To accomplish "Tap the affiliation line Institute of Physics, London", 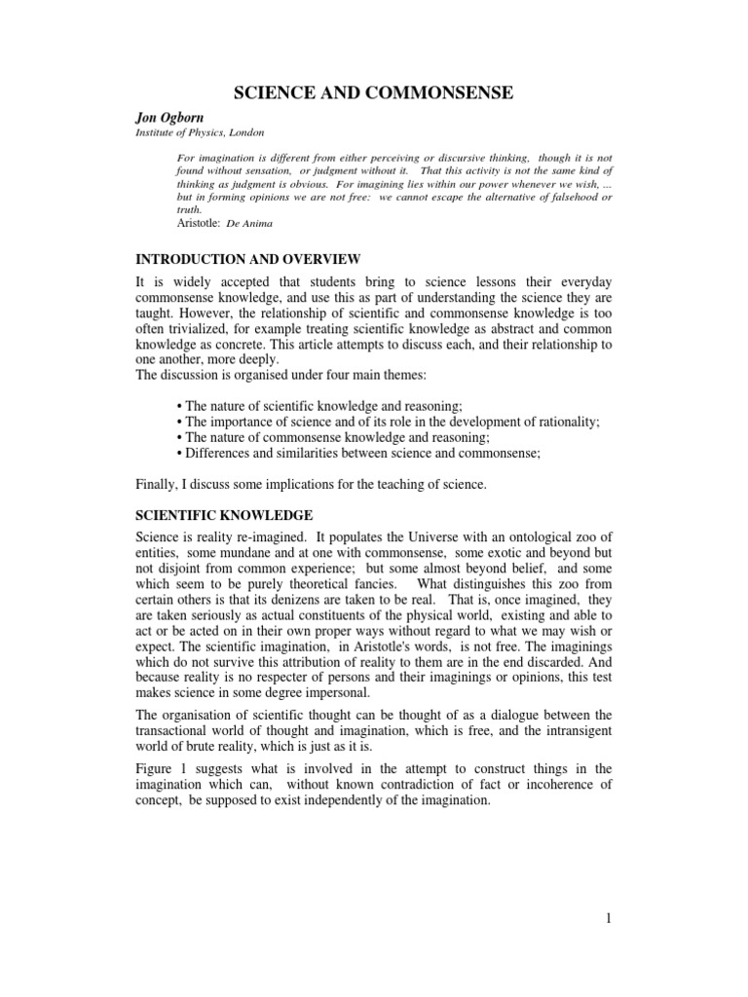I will pos(199,132).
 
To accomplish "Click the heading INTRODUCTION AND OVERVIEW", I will pos(247,259).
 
